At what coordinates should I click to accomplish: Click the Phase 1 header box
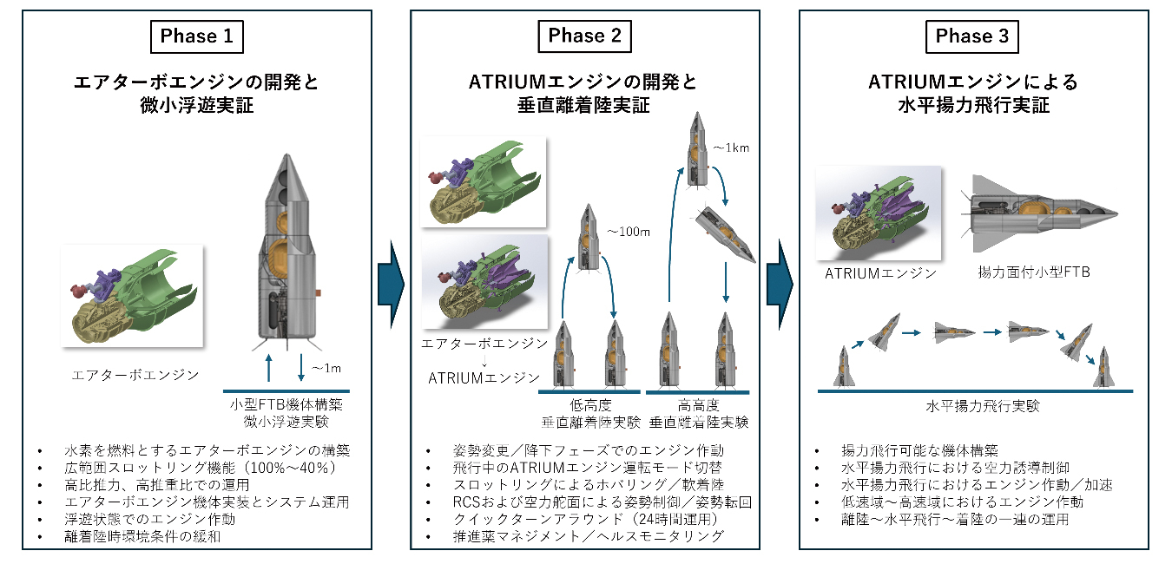pyautogui.click(x=196, y=36)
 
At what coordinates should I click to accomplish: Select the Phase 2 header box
pyautogui.click(x=585, y=36)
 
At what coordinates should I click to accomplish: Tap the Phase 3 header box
pyautogui.click(x=973, y=36)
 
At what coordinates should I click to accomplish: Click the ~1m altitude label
pyautogui.click(x=326, y=368)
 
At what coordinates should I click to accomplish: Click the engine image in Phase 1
pyautogui.click(x=132, y=296)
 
